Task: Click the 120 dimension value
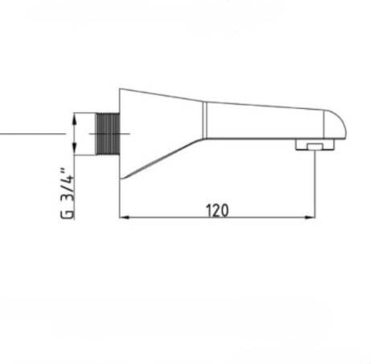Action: (x=217, y=210)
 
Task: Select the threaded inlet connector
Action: (x=107, y=134)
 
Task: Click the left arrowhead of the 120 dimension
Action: (x=123, y=217)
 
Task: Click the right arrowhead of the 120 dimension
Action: (x=311, y=217)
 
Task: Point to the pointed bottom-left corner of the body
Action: (x=120, y=177)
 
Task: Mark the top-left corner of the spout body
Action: (x=120, y=89)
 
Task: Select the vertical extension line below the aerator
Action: (x=314, y=184)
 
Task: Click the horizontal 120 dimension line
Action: (x=177, y=217)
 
